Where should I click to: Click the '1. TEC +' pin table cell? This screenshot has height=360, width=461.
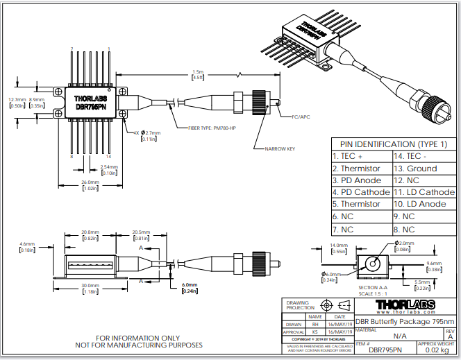pos(350,156)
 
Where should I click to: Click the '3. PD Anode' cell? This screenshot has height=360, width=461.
pos(356,180)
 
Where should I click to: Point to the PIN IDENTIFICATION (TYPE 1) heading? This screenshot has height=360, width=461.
pos(394,144)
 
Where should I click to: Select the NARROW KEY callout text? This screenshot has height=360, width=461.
pos(279,148)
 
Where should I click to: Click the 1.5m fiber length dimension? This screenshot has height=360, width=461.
pos(198,71)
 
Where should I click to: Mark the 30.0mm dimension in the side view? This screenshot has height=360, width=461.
pos(90,285)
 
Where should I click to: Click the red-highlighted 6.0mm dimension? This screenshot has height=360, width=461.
pos(189,285)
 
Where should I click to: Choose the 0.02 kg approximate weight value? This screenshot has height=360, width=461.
pos(436,352)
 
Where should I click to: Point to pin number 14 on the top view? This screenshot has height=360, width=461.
pos(110,49)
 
